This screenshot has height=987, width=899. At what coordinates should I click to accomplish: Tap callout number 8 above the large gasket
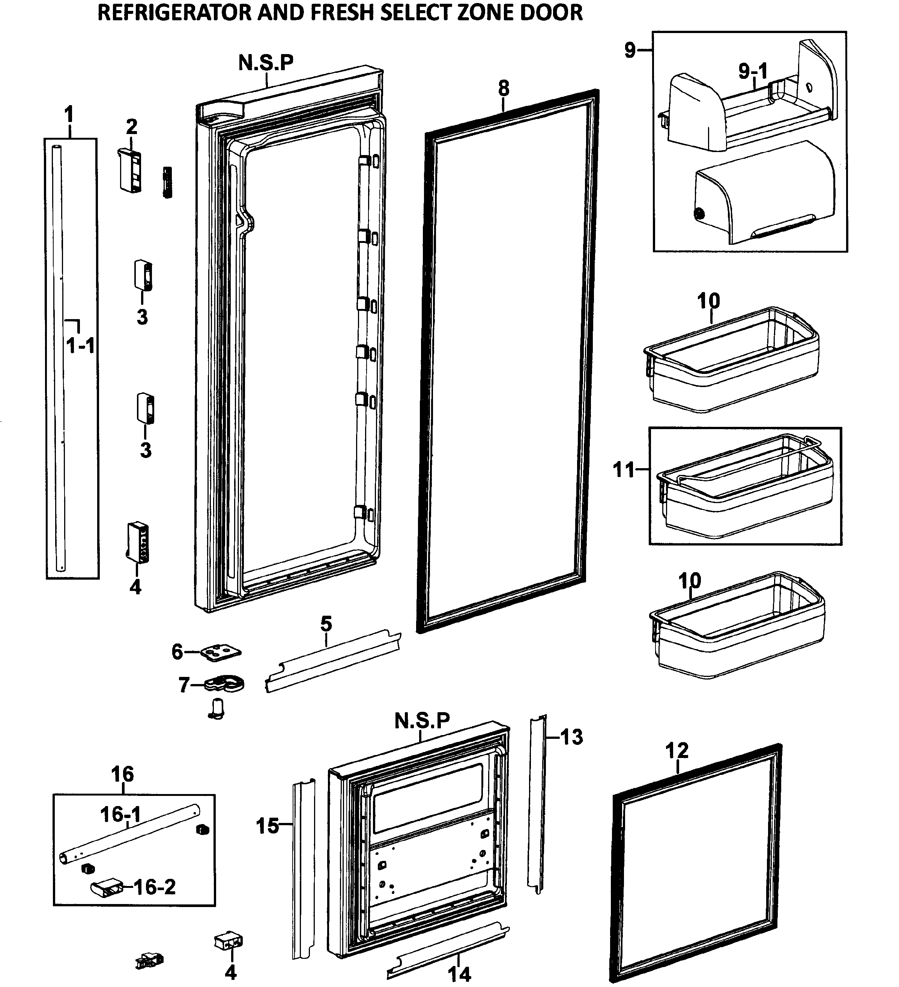tap(504, 89)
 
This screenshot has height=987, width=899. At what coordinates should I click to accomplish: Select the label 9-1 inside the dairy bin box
tap(753, 71)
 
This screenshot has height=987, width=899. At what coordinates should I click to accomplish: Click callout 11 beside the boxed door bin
tap(624, 470)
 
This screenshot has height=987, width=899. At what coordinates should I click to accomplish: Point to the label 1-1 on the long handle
tap(80, 347)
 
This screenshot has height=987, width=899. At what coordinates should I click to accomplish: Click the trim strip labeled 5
tap(333, 661)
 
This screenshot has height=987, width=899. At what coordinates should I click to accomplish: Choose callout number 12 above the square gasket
tap(677, 750)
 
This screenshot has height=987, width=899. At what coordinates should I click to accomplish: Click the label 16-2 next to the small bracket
tap(155, 887)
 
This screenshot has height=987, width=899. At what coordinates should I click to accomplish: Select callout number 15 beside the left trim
tap(268, 826)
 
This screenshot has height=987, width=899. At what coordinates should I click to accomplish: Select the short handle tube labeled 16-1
tap(130, 836)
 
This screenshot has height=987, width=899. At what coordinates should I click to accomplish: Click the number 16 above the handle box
tap(122, 775)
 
